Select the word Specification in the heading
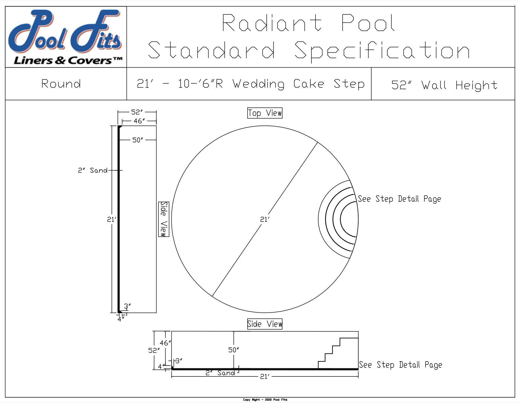382,51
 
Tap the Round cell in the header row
61,84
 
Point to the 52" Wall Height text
444,85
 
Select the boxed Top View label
265,113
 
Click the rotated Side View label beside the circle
164,219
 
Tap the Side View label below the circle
265,324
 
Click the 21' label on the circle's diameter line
265,219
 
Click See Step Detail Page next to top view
399,199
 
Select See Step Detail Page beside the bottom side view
400,365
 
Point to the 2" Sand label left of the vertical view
93,170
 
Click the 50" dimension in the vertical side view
138,140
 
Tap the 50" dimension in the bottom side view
233,350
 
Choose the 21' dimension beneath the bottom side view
265,376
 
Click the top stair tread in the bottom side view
349,338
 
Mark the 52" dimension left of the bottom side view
154,350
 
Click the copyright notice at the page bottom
265,399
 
